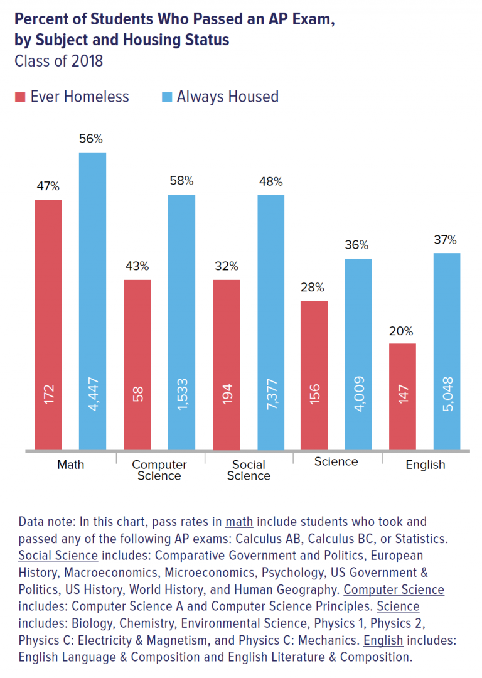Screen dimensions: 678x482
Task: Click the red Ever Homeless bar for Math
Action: click(x=48, y=325)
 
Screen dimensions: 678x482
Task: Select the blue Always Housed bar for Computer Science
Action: click(x=181, y=322)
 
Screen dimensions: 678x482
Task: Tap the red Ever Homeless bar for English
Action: click(x=403, y=396)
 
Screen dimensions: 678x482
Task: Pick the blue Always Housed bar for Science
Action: click(x=358, y=354)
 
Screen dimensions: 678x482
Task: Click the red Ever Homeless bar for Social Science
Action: click(x=226, y=365)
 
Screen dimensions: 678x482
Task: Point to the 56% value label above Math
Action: click(x=91, y=139)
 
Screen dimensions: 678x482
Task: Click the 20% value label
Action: click(x=401, y=331)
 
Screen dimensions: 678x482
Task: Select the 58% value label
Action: click(x=181, y=181)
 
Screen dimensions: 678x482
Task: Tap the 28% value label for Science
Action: click(x=312, y=288)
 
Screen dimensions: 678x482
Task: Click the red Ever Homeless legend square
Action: click(x=19, y=97)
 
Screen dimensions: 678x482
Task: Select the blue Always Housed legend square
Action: click(x=166, y=97)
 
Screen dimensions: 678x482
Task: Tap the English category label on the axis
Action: click(x=425, y=465)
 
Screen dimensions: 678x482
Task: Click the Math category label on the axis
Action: click(x=70, y=465)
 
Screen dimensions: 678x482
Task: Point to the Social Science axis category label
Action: click(x=249, y=470)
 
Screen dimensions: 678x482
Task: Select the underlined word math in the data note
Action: click(x=239, y=522)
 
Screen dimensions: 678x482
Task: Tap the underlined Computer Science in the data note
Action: click(x=394, y=589)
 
